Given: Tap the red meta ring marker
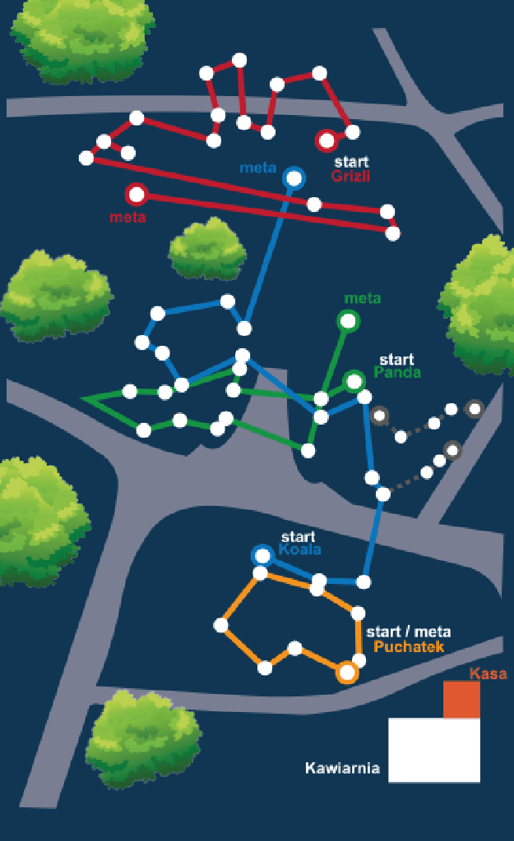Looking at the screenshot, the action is tap(127, 195).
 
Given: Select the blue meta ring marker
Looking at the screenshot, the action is tap(285, 178).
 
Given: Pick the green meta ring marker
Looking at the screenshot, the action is tap(338, 321).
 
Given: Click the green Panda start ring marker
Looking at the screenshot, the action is tap(345, 382).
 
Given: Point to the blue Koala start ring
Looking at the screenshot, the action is tap(252, 556).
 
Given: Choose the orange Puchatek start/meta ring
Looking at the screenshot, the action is tap(337, 672).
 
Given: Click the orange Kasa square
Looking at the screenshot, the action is tap(461, 699).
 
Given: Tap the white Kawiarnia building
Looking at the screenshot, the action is tap(434, 751).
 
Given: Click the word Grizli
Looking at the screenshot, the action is tap(350, 176).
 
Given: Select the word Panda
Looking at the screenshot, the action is tap(397, 372).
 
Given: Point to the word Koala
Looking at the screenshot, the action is tap(299, 549).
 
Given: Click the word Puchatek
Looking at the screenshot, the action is tap(409, 646).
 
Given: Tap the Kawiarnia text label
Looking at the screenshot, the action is tap(342, 768).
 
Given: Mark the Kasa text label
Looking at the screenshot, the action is tap(489, 673).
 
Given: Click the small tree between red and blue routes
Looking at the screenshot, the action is tap(207, 250).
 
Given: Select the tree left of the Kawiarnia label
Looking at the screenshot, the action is tap(143, 739).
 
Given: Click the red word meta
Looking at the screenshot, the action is tap(127, 217).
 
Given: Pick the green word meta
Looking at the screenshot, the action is tap(363, 298).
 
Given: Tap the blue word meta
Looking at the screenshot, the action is tap(257, 168).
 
